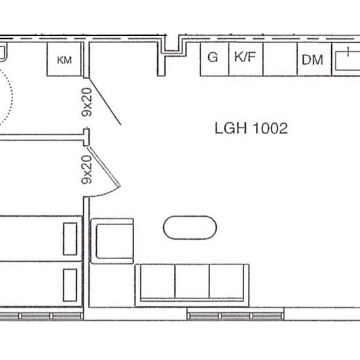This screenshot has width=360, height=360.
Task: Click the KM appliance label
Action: tap(64, 60)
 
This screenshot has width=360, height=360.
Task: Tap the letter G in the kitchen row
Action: tap(213, 57)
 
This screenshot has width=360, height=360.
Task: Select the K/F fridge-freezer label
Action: tap(245, 57)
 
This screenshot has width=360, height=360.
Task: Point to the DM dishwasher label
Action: tap(312, 60)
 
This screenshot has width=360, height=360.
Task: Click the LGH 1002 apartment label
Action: tap(251, 128)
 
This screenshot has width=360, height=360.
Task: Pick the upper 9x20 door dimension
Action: tap(87, 102)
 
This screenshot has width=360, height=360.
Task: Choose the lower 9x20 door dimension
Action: tap(87, 170)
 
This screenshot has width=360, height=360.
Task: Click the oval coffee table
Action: tap(190, 228)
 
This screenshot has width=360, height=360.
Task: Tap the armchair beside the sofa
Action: tap(113, 241)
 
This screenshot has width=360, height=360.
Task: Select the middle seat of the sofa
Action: tap(192, 281)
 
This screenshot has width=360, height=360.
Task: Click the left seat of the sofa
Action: tap(158, 281)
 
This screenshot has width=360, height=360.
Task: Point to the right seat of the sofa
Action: tap(226, 281)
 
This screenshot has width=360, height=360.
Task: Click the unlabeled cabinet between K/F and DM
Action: tap(280, 59)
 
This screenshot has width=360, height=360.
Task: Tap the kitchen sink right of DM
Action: tap(348, 61)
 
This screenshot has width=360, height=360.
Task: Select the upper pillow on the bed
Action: tap(70, 239)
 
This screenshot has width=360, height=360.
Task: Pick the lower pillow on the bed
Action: tap(70, 285)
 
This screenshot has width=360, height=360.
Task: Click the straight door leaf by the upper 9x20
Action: tap(105, 101)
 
